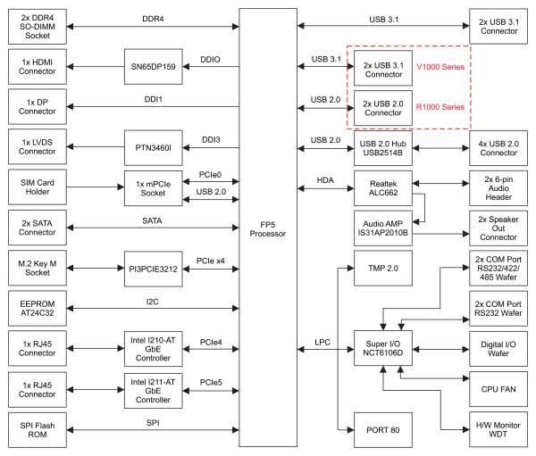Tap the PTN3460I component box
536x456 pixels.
[x=153, y=145]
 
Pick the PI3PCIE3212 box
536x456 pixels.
[x=153, y=265]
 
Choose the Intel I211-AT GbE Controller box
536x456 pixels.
[x=153, y=389]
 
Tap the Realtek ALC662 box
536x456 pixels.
[x=381, y=187]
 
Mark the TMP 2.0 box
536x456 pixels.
[x=381, y=267]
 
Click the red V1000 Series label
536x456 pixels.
[x=440, y=67]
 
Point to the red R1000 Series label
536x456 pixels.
[x=440, y=107]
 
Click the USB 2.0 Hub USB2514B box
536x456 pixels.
[x=381, y=146]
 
